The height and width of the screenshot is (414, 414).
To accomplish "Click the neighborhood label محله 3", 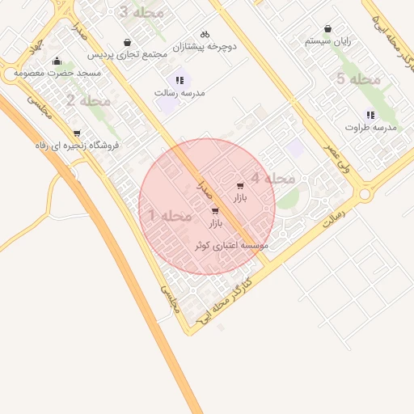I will point(141,13).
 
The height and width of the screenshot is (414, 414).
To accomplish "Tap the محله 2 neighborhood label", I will point(89,101).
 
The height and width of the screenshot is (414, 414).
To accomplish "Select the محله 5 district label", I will point(358,79).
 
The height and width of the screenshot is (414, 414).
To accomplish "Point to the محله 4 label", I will point(272,179).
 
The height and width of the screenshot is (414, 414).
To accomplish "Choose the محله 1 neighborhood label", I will point(170,216).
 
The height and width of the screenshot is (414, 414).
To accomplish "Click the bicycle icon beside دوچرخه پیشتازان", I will point(205,35).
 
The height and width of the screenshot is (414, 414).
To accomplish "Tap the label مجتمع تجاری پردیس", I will point(127,55).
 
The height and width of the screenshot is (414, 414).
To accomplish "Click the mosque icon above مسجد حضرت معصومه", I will point(57,61).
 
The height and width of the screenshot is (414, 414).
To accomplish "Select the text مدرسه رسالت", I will point(180,93).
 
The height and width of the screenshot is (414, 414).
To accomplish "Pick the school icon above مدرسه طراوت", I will point(370,115).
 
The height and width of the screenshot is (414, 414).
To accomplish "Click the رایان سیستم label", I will point(327,40).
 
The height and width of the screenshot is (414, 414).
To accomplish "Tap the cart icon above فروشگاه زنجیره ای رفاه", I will point(77,133).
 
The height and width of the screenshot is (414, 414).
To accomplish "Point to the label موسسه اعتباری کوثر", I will point(231,243).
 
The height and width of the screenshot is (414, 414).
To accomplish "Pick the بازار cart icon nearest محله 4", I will point(240,187).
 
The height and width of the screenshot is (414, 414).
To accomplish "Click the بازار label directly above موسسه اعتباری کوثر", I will point(215,222).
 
